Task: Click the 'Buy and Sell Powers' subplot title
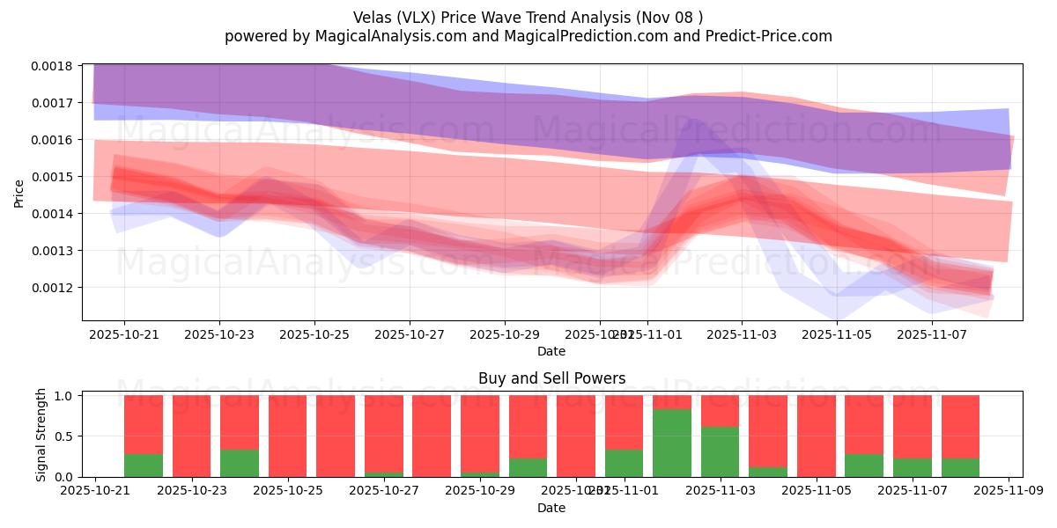coord(551,378)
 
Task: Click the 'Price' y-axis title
coord(19,193)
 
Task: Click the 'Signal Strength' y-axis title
coord(41,434)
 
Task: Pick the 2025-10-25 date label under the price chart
coord(314,334)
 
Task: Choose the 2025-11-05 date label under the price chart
coord(837,334)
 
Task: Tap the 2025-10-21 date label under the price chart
coord(124,334)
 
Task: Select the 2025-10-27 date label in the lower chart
coord(383,491)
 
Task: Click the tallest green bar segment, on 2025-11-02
coord(672,443)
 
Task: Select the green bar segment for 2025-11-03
coord(720,451)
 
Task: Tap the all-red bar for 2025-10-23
coord(191,436)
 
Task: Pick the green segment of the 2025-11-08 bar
coord(960,467)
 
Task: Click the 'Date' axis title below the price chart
coord(551,351)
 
